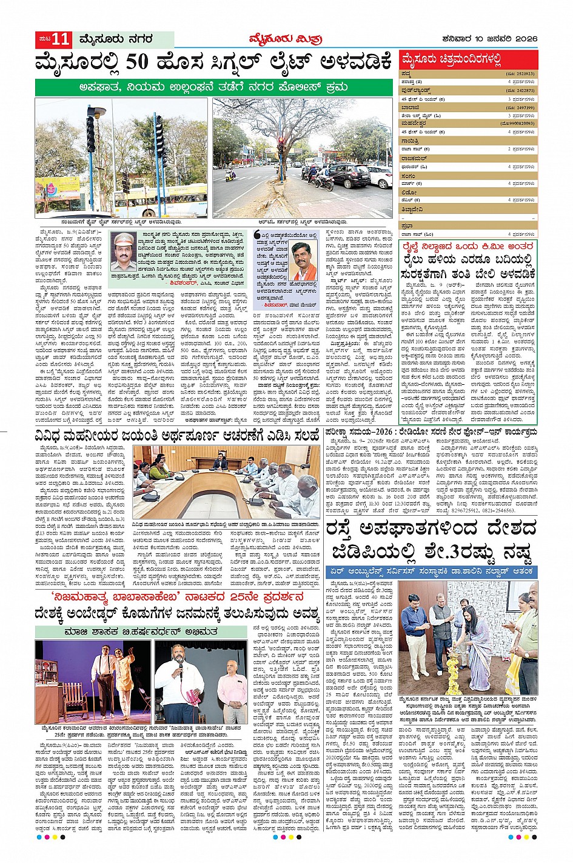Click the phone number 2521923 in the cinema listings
click(x=521, y=73)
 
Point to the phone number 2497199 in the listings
click(x=521, y=107)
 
